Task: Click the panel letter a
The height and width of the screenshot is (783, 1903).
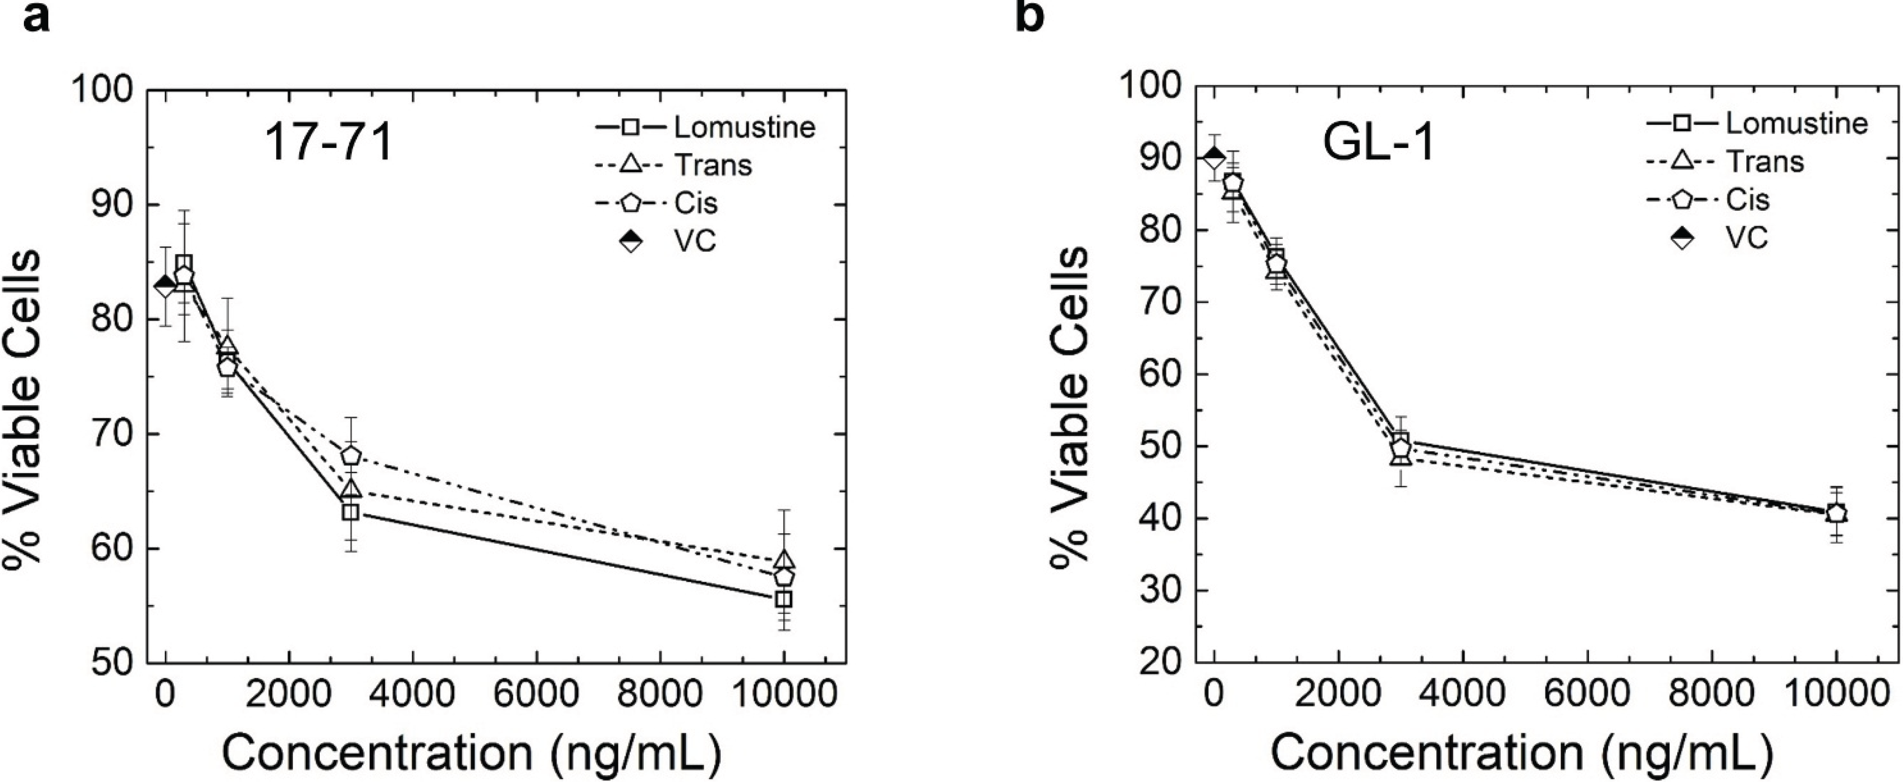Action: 37,16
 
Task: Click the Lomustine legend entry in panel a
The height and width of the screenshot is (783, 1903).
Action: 743,127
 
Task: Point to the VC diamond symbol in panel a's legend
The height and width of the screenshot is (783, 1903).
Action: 631,241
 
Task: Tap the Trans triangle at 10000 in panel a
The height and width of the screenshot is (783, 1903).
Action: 785,559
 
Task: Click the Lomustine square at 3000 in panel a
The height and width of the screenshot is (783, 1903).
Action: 350,512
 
